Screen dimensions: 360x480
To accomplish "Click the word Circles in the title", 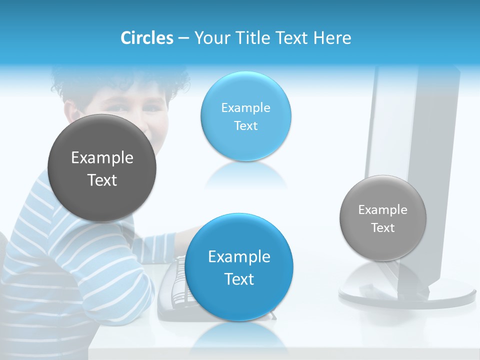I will (147, 38).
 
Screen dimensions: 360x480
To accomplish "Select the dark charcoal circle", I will (102, 168).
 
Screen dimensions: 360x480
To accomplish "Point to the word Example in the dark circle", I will (102, 158).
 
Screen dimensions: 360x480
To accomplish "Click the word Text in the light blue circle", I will (245, 126).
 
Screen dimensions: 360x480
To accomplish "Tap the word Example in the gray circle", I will (383, 210).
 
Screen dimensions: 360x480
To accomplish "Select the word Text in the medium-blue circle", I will (239, 279).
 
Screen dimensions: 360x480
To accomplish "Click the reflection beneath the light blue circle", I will (245, 175).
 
